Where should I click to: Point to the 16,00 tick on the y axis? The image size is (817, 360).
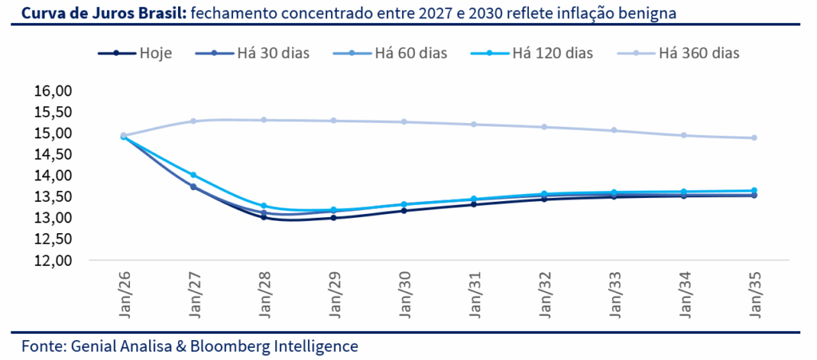(x=53, y=91)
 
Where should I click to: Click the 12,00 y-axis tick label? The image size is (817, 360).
(x=53, y=260)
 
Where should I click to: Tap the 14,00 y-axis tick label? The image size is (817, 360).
(x=53, y=176)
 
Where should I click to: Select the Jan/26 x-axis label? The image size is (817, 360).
(x=124, y=295)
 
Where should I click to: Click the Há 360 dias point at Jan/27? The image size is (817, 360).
(x=193, y=121)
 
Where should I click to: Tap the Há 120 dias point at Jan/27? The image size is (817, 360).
(x=193, y=175)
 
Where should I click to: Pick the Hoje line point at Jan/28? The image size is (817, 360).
(x=262, y=217)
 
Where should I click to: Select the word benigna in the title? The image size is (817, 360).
(x=651, y=14)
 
